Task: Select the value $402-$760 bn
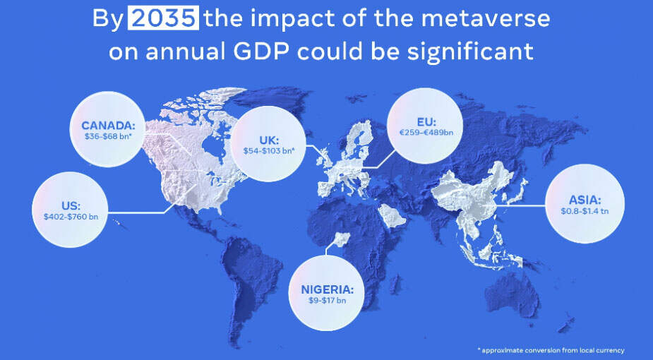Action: (x=71, y=216)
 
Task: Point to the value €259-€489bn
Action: (x=425, y=132)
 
